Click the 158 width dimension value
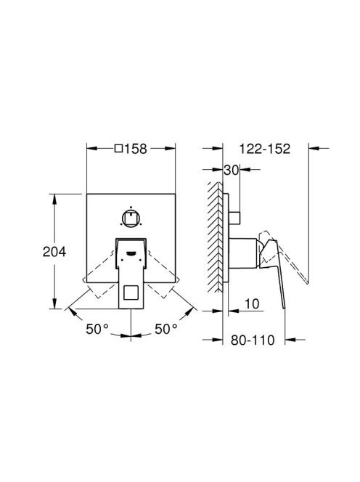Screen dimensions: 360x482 136,149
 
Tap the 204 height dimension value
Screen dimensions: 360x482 54,252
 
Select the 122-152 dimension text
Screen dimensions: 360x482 265,149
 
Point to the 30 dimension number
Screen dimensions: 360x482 231,170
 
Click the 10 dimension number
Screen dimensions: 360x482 252,303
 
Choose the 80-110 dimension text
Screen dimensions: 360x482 253,340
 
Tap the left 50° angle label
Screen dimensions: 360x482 97,329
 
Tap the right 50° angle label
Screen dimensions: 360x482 166,329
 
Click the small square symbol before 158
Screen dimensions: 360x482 119,149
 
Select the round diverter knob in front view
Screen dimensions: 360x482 131,218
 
